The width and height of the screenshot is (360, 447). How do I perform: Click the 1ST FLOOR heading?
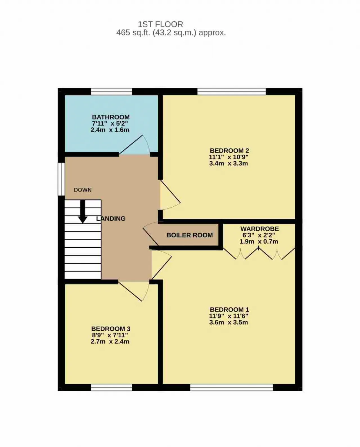(x=161, y=24)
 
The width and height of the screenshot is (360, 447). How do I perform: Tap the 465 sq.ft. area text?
(x=171, y=33)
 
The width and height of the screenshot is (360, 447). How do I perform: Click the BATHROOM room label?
(x=111, y=117)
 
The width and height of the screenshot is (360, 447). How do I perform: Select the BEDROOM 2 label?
(x=229, y=150)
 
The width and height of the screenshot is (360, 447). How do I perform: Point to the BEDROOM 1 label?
(x=229, y=310)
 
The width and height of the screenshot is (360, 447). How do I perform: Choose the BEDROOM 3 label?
(x=111, y=329)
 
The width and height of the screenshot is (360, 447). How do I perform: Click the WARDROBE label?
(x=260, y=229)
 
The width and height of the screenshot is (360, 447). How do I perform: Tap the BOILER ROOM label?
(x=190, y=235)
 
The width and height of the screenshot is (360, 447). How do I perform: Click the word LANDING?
(x=111, y=218)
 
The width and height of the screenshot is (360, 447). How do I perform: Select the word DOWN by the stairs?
(x=83, y=190)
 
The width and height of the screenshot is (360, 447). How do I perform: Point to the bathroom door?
(x=134, y=145)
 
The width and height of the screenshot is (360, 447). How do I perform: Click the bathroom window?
(x=111, y=92)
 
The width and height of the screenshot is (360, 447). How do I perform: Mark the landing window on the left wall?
(x=61, y=179)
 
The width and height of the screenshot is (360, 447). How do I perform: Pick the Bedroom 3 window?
(x=111, y=387)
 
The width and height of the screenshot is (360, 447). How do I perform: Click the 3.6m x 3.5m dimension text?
(x=229, y=322)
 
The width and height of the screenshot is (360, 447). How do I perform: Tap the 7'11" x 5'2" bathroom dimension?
(x=110, y=123)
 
